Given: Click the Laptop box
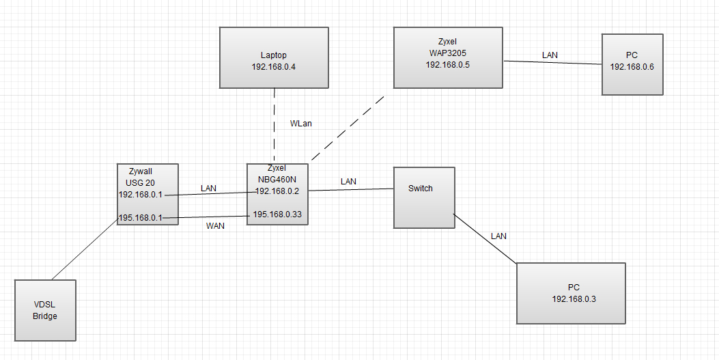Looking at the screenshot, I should point(274,57).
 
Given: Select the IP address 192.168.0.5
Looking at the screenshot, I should point(448,65).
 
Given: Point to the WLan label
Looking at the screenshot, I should point(302,124).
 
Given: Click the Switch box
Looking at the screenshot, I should point(424,197).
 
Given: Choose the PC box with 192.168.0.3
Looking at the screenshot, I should point(571,293).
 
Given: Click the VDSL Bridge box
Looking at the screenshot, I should point(45,310).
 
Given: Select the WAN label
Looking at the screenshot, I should point(216,226).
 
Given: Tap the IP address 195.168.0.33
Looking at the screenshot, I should point(278,214).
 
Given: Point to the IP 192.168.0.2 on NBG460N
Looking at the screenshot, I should point(278,191).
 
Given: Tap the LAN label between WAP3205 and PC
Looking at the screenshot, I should point(550,55).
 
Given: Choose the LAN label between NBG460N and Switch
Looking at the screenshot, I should point(348,182).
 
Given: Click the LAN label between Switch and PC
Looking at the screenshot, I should point(498,236).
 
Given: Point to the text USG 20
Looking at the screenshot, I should point(140,182).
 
